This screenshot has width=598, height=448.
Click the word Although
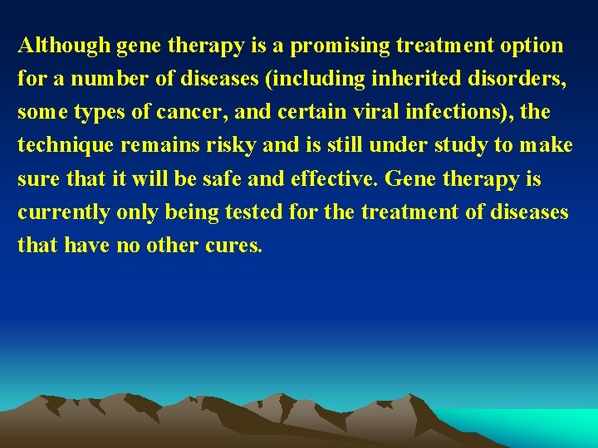pyautogui.click(x=64, y=46)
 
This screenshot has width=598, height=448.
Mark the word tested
pyautogui.click(x=252, y=212)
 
